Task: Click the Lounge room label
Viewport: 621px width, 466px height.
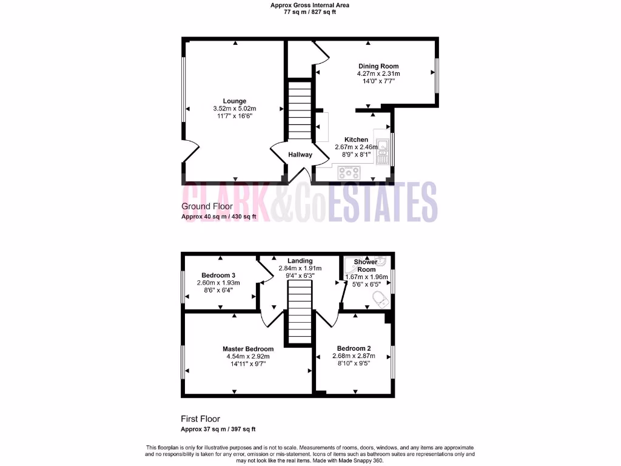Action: (234, 101)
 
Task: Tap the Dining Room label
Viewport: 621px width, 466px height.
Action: (378, 66)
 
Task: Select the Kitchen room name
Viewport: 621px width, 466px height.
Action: (356, 140)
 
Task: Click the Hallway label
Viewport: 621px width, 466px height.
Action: (300, 155)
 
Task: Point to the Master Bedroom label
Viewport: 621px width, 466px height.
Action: (248, 349)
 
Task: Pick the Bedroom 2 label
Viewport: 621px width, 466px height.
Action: (354, 348)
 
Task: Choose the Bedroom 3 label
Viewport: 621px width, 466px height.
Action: (218, 275)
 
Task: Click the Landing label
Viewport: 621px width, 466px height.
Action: (300, 261)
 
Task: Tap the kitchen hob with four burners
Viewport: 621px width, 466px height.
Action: (349, 172)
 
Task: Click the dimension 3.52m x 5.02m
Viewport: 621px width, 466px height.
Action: (234, 109)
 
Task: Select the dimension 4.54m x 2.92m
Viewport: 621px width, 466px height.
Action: (248, 356)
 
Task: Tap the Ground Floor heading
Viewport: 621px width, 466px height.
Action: (207, 207)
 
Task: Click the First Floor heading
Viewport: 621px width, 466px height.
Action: (200, 419)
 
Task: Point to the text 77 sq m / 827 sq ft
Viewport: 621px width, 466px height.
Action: (310, 12)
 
